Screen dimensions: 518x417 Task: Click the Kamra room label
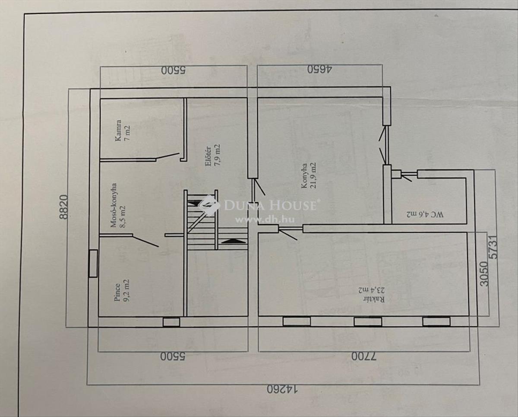[x=118, y=131]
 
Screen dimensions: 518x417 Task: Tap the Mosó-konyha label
[x=114, y=205]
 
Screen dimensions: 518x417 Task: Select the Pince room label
[x=117, y=293]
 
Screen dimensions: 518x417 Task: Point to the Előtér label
[x=208, y=157]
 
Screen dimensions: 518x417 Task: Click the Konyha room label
[x=304, y=175]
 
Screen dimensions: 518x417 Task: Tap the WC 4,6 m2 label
[x=425, y=214]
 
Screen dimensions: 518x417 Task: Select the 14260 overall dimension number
[x=282, y=396]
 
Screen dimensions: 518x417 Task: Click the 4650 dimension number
[x=319, y=70]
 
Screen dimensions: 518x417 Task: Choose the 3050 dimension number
[x=484, y=274]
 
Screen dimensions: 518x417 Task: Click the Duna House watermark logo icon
[x=209, y=205]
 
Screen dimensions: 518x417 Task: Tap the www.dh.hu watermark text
[x=265, y=220]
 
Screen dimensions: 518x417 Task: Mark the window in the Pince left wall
[x=93, y=264]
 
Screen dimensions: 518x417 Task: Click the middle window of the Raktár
[x=367, y=322]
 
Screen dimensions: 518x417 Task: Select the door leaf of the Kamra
[x=167, y=156]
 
